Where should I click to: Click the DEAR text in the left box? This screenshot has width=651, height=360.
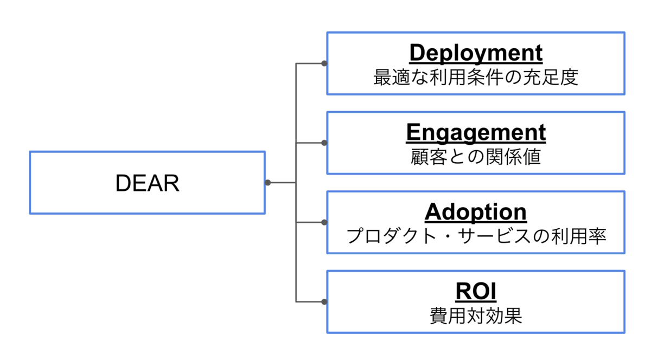147,184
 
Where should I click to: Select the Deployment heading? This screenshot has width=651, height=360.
475,53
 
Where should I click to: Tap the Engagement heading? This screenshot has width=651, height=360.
475,132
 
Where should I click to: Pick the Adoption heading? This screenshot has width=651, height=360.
475,212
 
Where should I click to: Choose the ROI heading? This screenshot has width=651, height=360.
475,292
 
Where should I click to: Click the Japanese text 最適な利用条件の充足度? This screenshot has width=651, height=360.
475,78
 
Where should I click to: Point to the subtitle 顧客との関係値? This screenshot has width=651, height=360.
475,157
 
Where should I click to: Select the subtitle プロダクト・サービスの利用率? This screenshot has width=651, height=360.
475,236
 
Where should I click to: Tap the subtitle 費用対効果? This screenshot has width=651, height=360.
475,316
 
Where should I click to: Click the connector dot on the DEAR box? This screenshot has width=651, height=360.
267,183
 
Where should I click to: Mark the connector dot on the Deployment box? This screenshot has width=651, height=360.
324,63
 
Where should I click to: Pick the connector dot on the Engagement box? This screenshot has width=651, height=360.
324,143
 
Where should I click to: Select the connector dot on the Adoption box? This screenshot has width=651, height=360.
324,222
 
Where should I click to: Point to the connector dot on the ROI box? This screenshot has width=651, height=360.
324,301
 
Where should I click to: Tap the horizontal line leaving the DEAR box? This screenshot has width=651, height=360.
282,183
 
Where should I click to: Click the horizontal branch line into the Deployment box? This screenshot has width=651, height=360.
309,63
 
